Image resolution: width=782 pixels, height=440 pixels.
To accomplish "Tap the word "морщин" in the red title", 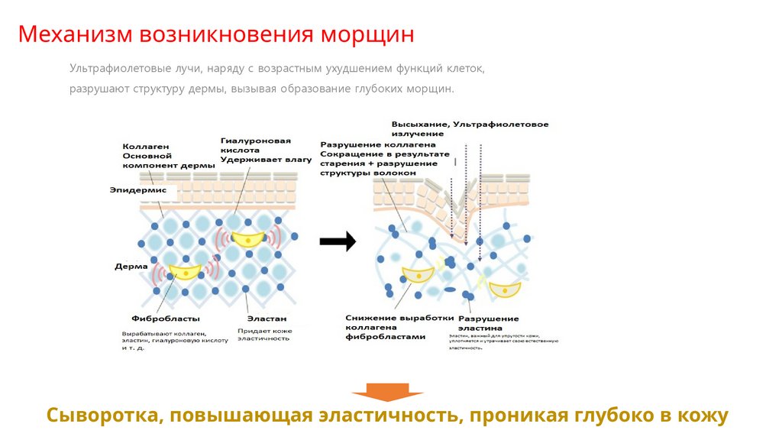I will point(364,35).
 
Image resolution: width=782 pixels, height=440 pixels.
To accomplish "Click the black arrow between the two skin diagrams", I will point(338,241).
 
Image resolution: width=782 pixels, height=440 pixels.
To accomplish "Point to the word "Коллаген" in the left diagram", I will point(145,146).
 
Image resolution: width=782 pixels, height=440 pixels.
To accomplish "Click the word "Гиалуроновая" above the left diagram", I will point(256,141).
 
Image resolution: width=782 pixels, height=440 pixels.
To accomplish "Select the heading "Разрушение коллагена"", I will point(378,144).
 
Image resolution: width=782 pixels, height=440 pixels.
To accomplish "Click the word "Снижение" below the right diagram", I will point(368,318).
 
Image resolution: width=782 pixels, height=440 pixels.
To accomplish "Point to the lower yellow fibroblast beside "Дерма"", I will point(184,270).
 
